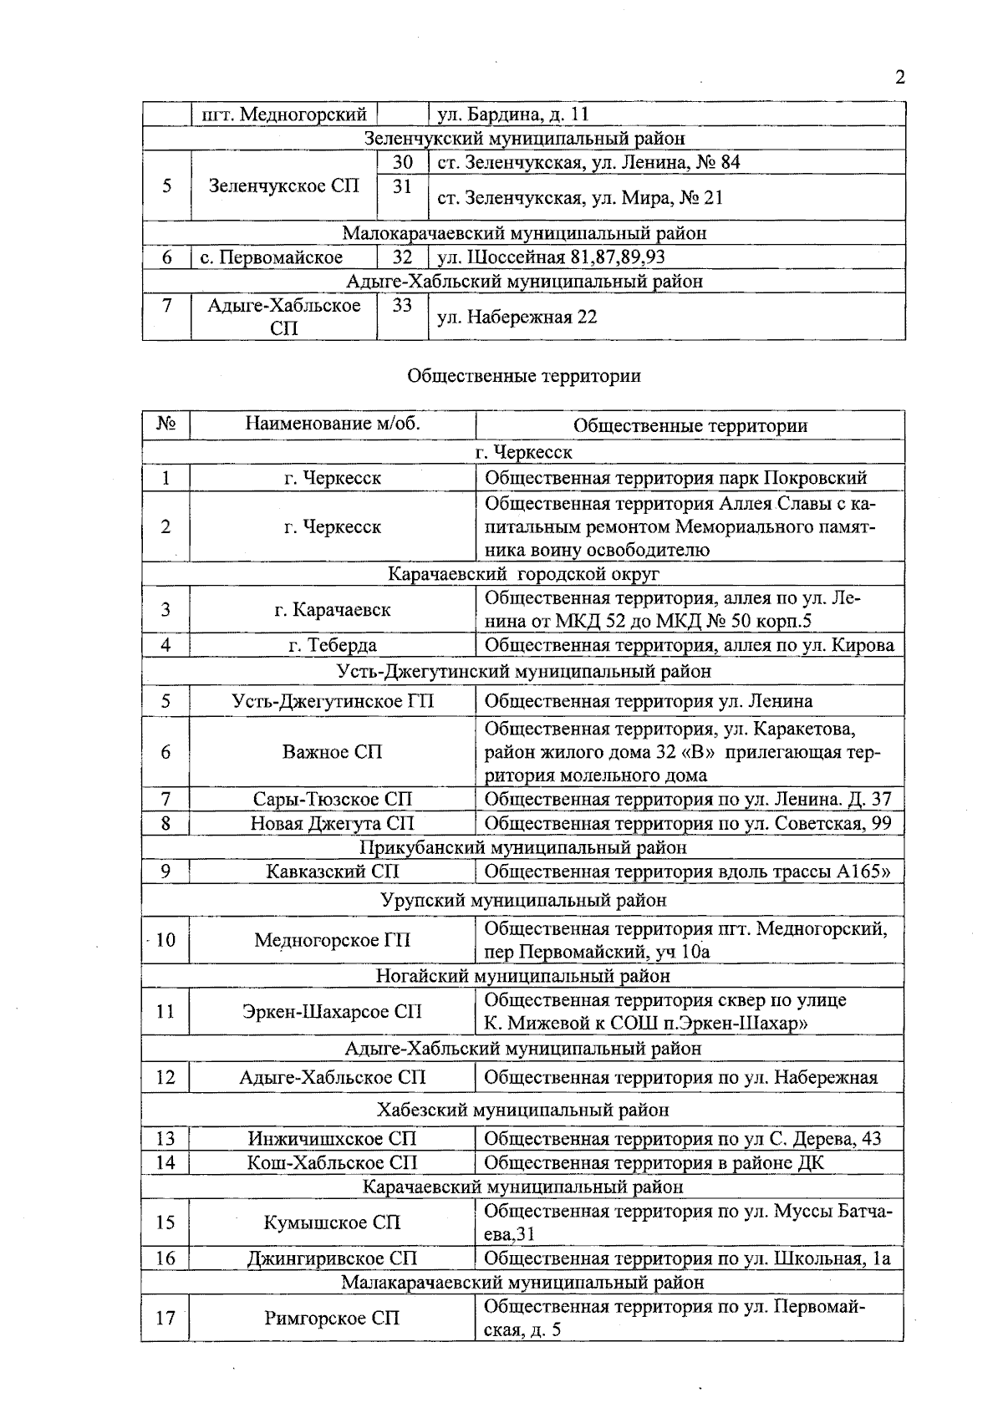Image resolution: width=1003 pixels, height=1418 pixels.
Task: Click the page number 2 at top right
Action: click(899, 79)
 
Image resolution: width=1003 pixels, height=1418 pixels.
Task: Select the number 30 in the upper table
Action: click(402, 162)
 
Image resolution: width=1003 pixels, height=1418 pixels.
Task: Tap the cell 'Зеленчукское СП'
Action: click(283, 186)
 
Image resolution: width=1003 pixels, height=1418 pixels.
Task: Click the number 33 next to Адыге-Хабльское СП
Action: click(402, 306)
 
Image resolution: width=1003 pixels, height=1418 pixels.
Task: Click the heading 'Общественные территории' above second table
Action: click(523, 376)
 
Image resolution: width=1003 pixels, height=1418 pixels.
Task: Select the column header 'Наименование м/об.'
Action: click(332, 424)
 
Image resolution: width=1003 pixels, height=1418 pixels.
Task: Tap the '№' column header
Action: click(165, 424)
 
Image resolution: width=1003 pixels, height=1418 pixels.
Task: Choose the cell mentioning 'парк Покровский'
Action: click(675, 478)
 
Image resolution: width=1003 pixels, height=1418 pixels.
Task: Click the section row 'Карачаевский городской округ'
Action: click(523, 574)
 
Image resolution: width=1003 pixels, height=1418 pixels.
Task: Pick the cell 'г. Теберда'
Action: click(332, 645)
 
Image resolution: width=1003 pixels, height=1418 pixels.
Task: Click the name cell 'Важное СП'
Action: click(332, 752)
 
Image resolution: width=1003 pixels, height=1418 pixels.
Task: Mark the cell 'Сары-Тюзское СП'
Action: click(332, 800)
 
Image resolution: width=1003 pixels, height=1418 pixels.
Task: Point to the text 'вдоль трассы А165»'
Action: click(803, 872)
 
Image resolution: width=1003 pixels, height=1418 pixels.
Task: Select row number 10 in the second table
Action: click(165, 940)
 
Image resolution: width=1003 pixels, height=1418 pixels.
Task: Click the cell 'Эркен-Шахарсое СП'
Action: click(332, 1012)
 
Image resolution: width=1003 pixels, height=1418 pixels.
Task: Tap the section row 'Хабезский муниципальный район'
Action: click(523, 1111)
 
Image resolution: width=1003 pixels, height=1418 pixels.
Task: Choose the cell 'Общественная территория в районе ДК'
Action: click(654, 1162)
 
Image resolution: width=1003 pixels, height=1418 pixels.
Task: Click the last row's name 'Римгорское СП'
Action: click(332, 1319)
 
